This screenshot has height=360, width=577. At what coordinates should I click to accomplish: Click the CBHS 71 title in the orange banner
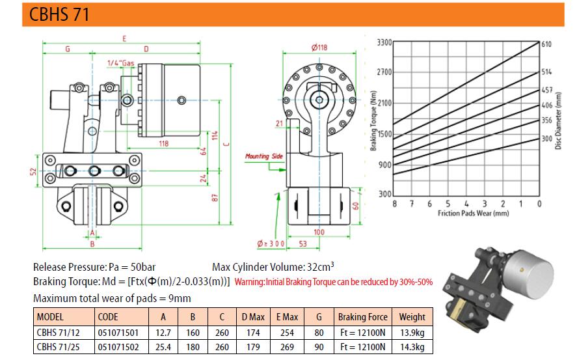(59, 14)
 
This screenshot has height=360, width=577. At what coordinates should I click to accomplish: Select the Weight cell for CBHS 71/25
(412, 347)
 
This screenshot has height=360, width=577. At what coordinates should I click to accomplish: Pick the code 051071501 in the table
(118, 333)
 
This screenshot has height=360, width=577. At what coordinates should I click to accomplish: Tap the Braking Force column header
(362, 317)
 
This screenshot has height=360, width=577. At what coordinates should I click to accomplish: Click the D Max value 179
(253, 347)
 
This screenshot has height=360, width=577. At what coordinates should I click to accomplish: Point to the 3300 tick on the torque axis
(384, 42)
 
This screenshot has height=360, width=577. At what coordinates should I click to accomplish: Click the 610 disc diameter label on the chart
(546, 44)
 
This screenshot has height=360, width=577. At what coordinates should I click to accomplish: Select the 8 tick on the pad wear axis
(394, 204)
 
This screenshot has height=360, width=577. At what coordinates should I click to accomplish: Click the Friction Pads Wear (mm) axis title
(473, 213)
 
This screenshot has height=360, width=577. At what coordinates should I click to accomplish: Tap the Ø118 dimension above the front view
(319, 48)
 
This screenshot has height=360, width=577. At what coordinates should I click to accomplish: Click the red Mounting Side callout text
(264, 156)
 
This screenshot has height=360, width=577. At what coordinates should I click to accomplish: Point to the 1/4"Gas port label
(121, 63)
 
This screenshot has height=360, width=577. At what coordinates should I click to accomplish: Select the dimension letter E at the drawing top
(124, 38)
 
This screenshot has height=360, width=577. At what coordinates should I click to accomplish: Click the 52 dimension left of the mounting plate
(33, 171)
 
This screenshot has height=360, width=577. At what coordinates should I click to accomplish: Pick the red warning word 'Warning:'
(249, 282)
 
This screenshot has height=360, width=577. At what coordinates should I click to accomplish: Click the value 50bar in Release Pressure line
(143, 268)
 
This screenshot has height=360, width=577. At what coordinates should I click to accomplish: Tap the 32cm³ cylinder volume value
(321, 266)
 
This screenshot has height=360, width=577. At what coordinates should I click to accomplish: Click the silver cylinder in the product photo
(528, 275)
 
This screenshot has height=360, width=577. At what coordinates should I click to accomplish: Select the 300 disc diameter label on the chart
(547, 139)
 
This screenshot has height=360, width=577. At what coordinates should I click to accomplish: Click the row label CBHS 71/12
(58, 333)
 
